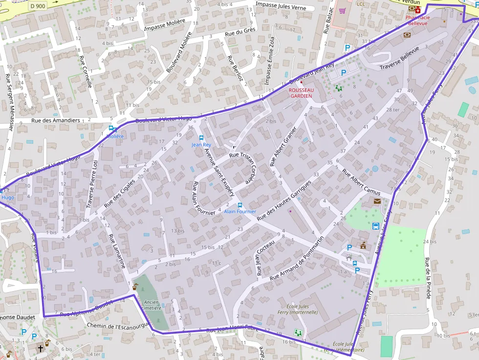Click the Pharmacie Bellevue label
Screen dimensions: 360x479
point(418,20)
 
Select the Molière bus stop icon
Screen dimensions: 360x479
point(112,128)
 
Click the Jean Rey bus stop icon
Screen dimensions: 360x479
point(201,138)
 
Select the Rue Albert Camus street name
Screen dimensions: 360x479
point(361,182)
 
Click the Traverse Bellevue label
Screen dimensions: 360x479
point(399,59)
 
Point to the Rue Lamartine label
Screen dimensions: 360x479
point(118,251)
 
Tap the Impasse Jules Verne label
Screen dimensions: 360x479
point(281,8)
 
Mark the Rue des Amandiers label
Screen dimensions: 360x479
point(55,120)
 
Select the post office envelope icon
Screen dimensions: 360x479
point(377,201)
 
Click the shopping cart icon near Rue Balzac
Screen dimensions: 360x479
point(342,10)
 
